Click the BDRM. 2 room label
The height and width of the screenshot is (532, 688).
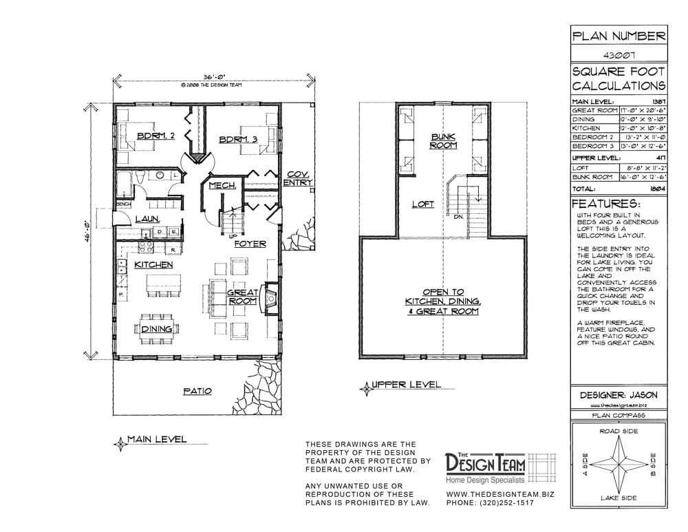pos(155,136)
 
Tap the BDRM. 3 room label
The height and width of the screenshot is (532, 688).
pos(237,140)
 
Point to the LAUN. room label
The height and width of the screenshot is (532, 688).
pos(148,218)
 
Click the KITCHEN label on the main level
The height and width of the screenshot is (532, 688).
pos(153,264)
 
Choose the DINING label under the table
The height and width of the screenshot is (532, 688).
pos(157,330)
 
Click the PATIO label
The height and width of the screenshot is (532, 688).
pos(197,391)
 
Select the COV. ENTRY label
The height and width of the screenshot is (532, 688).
pos(299,178)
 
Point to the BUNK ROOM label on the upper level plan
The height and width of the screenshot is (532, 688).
pos(444,141)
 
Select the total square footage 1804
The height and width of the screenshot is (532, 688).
pos(656,187)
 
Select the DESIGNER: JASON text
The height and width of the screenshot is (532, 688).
pos(619,395)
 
